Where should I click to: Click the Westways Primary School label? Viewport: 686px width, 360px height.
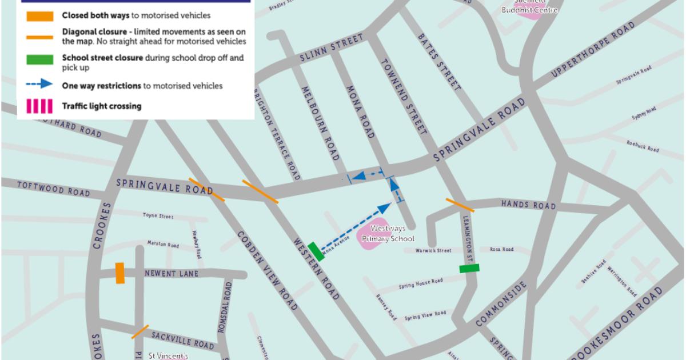click(x=387, y=234)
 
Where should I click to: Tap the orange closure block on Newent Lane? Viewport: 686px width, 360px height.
click(x=119, y=273)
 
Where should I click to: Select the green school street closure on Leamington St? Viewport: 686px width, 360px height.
click(x=469, y=268)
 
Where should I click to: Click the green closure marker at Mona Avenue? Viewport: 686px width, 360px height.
click(x=316, y=252)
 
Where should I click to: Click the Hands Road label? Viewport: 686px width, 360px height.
click(x=528, y=205)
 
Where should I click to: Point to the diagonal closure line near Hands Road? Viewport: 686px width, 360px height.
click(x=460, y=205)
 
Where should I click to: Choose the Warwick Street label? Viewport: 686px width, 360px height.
click(x=433, y=250)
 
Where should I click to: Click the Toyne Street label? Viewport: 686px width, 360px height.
click(x=158, y=216)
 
